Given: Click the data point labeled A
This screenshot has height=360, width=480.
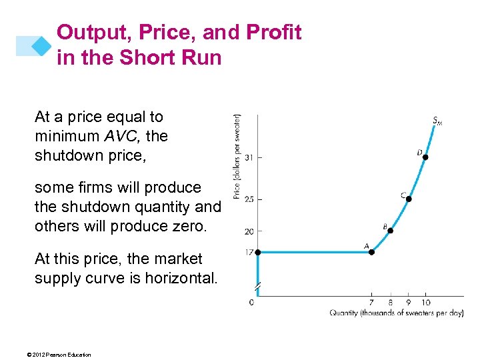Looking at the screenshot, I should [372, 252].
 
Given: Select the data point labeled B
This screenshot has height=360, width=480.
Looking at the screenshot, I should [391, 231].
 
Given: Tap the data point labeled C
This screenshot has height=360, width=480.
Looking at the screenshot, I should [409, 199].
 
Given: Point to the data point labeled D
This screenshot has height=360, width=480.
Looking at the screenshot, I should [425, 157].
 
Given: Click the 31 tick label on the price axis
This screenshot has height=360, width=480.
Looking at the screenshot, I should [248, 157].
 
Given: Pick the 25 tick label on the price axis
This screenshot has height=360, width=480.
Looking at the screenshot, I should [248, 199].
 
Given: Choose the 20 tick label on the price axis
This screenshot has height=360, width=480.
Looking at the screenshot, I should [248, 231].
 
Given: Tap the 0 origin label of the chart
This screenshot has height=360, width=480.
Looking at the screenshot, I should [251, 302].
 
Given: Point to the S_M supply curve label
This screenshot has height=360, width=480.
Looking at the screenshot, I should [437, 121].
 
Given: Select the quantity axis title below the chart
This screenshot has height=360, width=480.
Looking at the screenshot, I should [397, 313].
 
